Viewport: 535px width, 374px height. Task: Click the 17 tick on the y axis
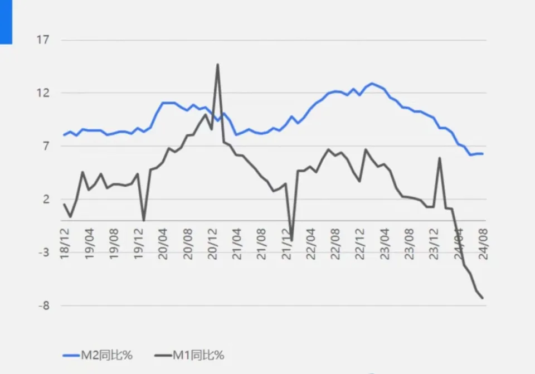pyautogui.click(x=43, y=40)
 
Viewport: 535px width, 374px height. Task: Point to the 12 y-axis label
pyautogui.click(x=43, y=93)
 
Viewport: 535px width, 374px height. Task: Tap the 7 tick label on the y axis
pyautogui.click(x=46, y=146)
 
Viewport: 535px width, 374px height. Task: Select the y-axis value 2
pyautogui.click(x=46, y=200)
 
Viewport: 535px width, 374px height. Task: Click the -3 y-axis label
pyautogui.click(x=43, y=252)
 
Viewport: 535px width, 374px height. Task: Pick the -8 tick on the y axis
pyautogui.click(x=43, y=305)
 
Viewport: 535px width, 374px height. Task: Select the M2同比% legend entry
pyautogui.click(x=98, y=355)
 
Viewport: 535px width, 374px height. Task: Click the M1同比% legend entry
pyautogui.click(x=190, y=355)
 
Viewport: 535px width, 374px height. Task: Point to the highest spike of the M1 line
pyautogui.click(x=217, y=64)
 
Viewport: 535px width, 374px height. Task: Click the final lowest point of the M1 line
pyautogui.click(x=483, y=298)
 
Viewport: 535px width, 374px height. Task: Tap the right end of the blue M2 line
pyautogui.click(x=483, y=154)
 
